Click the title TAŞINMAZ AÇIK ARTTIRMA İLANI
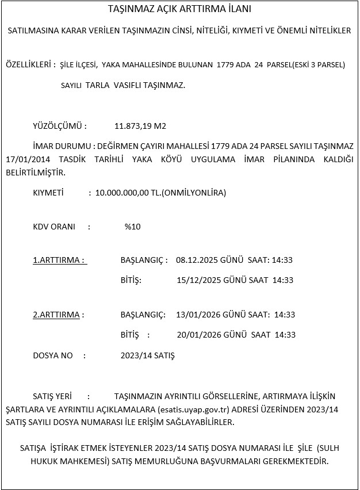pyautogui.click(x=179, y=10)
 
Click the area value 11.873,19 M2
pyautogui.click(x=141, y=126)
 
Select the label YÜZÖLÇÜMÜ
pyautogui.click(x=60, y=126)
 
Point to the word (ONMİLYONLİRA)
pyautogui.click(x=194, y=193)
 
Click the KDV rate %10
pyautogui.click(x=132, y=227)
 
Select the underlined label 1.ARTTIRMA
pyautogui.click(x=59, y=260)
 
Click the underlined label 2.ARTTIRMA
pyautogui.click(x=58, y=315)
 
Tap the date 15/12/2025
pyautogui.click(x=197, y=280)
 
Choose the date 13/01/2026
pyautogui.click(x=197, y=315)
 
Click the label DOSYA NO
pyautogui.click(x=53, y=355)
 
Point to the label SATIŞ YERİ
pyautogui.click(x=52, y=396)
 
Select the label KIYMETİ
pyautogui.click(x=48, y=193)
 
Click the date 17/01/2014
pyautogui.click(x=24, y=159)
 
